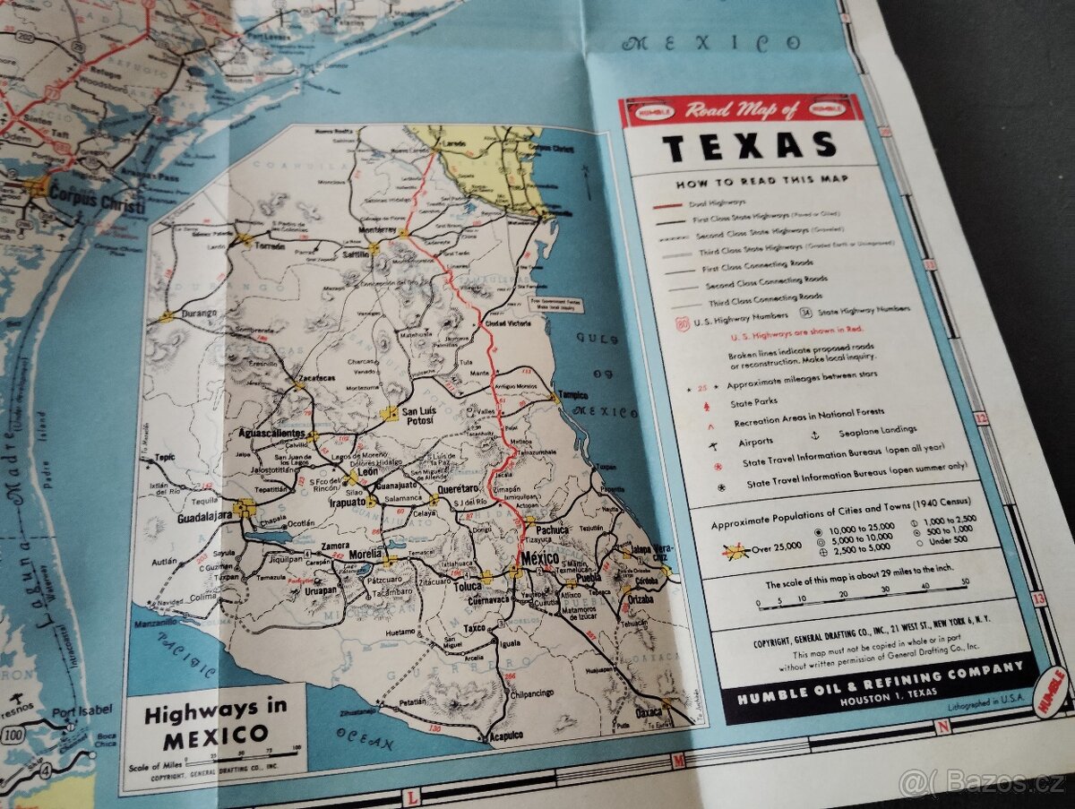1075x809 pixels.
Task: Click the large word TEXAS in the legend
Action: (x=749, y=144)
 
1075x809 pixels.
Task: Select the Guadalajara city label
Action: (x=193, y=519)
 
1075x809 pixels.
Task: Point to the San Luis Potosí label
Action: (x=417, y=415)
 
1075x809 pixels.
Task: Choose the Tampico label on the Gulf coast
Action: (x=572, y=395)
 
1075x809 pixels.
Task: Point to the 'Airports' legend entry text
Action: (x=756, y=441)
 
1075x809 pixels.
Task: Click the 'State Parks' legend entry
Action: (x=754, y=401)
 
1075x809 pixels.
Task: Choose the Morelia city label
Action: (x=365, y=555)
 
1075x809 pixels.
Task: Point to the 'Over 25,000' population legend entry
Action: (x=772, y=549)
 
